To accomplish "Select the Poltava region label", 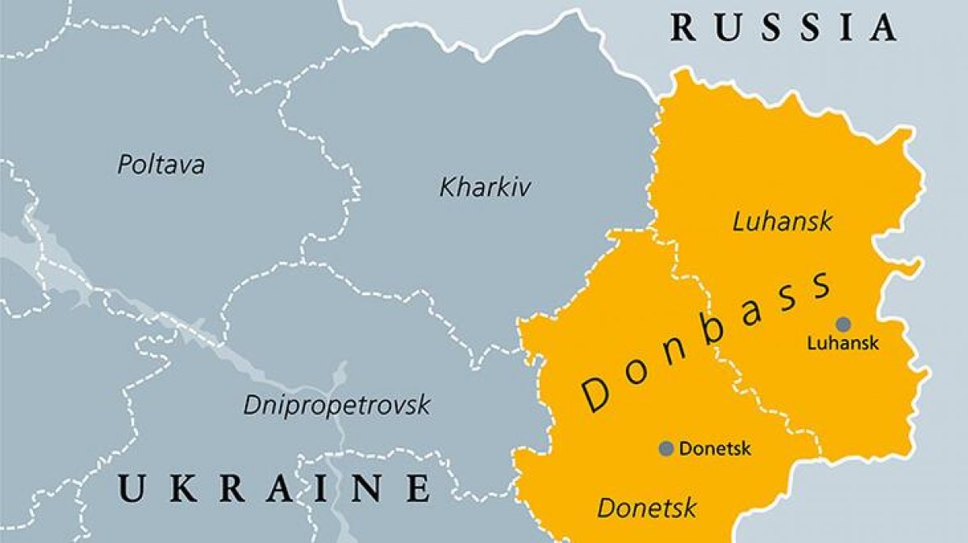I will [x=161, y=165].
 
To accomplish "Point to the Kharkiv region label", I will [x=485, y=188].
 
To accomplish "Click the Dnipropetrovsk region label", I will [x=337, y=405].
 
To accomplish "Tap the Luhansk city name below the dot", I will [x=843, y=344].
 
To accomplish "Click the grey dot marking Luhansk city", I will [x=843, y=324].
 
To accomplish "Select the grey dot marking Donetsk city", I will [x=666, y=449].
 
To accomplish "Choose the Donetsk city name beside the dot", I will [x=715, y=449].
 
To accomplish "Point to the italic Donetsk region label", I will [x=646, y=508].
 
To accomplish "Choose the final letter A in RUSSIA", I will [x=883, y=27].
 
